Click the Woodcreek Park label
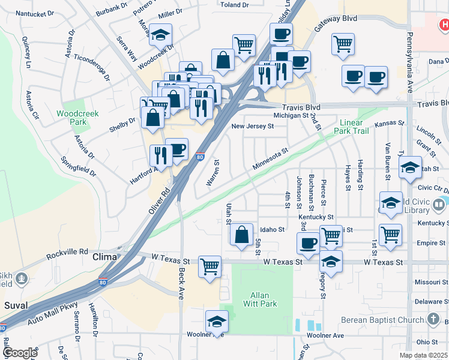71,117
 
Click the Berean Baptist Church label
382,320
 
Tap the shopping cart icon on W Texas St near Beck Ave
209,266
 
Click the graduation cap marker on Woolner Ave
217,320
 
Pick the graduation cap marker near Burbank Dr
160,34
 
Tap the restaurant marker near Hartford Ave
160,155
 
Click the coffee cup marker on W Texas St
309,244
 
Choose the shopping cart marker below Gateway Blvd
343,43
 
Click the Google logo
20,353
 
